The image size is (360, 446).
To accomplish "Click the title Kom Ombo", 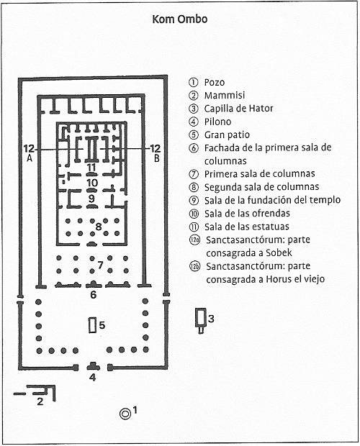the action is [180, 19].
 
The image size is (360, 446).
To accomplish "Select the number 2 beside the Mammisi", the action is [40, 401].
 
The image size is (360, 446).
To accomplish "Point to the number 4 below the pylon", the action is [92, 378].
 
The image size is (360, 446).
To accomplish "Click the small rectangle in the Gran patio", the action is [92, 325].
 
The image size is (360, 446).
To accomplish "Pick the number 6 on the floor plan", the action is [93, 295].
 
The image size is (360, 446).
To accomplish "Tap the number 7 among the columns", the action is [100, 265].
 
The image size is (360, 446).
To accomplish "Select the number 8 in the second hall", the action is [99, 227].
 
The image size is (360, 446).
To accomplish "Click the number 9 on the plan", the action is [91, 198].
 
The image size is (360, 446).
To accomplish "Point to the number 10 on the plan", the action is [92, 183].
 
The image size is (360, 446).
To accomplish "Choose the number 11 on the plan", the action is [91, 167].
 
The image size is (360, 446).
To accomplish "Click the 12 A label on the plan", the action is [29, 153].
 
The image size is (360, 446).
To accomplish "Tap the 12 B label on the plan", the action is [155, 153].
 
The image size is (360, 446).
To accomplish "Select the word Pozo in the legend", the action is [215, 82].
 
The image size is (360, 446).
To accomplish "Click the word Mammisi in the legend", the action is [225, 95].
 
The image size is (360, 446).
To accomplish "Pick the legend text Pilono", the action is [217, 122].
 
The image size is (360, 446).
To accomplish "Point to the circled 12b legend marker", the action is [195, 266].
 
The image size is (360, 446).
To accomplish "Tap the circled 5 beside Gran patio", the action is [193, 135].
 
